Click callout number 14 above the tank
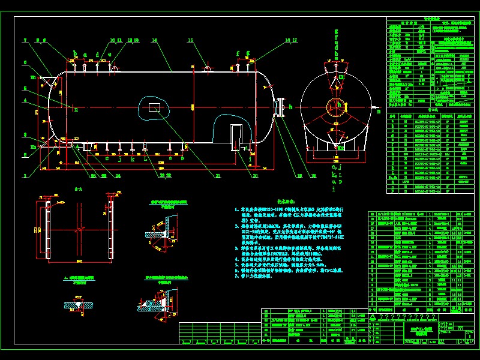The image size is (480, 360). [154, 41]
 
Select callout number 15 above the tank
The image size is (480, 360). [190, 41]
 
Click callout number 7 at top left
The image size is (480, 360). [25, 41]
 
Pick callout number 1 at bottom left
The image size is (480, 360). [25, 175]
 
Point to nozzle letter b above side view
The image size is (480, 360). [74, 53]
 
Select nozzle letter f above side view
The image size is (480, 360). [238, 53]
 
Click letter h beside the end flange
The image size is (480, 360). [290, 107]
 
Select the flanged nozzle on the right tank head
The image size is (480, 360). [279, 107]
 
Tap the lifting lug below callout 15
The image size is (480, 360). [208, 69]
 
